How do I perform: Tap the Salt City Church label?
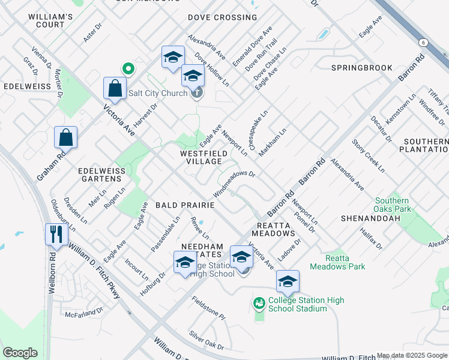(x=159, y=94)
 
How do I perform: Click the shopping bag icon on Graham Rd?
(x=65, y=137)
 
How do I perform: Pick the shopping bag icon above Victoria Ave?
(x=114, y=88)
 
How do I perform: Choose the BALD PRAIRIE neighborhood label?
(x=185, y=205)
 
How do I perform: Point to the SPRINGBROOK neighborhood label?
(x=361, y=68)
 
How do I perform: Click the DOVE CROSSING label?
(x=214, y=17)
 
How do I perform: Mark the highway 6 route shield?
(x=423, y=42)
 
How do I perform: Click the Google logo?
(x=20, y=353)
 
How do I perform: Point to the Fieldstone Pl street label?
(x=208, y=307)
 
